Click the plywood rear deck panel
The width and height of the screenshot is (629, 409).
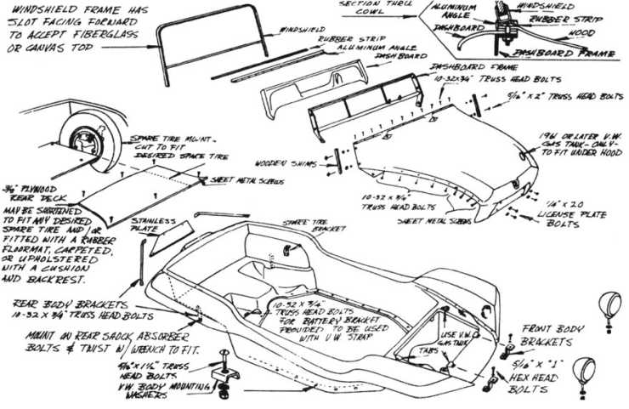point(127,191)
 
